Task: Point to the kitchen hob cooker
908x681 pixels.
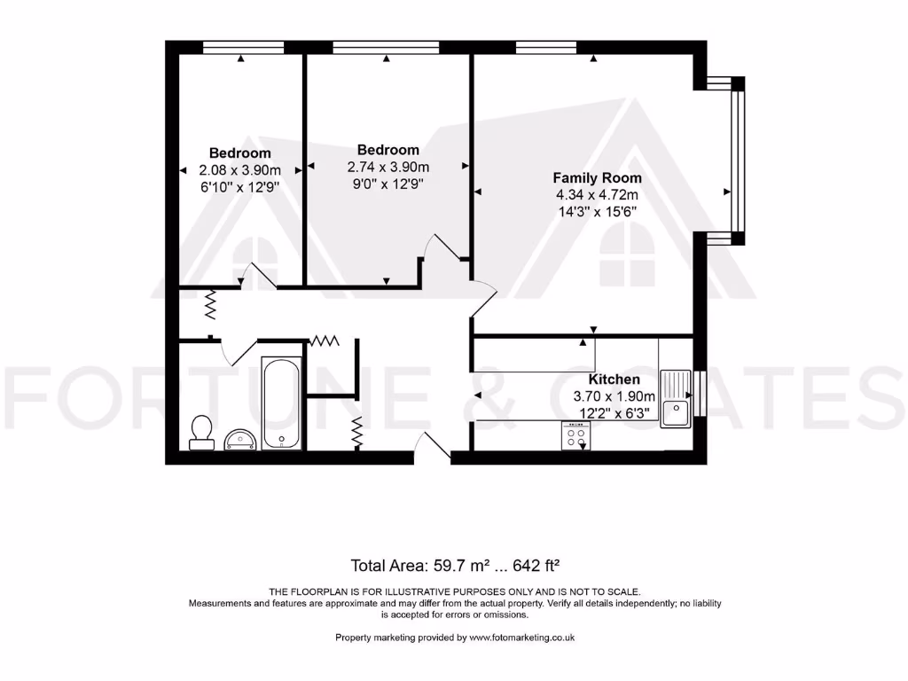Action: coord(575,435)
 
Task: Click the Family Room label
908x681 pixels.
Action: coord(598,178)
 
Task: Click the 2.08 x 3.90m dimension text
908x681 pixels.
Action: coord(240,170)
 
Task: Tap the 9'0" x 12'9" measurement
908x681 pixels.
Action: coord(387,184)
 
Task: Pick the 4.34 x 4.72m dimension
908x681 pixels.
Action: coord(597,195)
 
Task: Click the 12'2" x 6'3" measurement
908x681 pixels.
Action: coord(614,413)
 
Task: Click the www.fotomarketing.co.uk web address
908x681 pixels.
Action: coord(522,638)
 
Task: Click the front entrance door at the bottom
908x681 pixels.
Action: coord(433,448)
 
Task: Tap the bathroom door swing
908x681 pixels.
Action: coord(237,352)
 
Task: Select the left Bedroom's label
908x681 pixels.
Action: coord(240,153)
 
